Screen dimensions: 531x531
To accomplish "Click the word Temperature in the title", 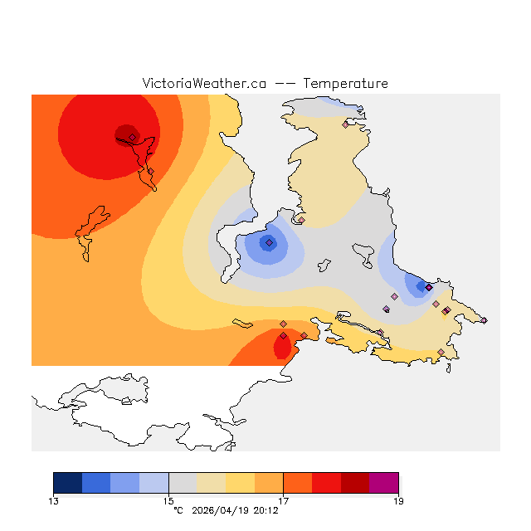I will pos(345,84).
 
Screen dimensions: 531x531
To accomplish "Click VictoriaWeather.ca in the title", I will pos(204,84).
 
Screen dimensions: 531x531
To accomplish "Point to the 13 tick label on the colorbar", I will pos(54,501).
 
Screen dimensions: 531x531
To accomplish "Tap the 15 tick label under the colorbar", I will pos(168,501).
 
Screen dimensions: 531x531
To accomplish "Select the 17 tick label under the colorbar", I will pos(284,501).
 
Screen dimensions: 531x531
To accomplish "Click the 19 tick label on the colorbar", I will pos(398,501).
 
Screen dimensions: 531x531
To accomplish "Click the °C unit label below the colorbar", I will pos(178,510).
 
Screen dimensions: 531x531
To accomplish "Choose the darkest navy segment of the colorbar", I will pos(68,483).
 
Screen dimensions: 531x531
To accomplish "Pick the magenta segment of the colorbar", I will pos(384,483).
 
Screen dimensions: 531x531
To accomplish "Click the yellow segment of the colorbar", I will pos(241,483).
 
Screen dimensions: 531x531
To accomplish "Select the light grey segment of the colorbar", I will pos(183,483).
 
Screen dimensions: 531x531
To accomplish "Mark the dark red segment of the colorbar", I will pos(355,483).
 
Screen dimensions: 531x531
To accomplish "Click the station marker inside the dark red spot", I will pos(132,138).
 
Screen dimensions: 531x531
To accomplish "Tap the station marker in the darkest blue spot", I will pos(269,242).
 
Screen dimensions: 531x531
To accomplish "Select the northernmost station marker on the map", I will pos(345,124).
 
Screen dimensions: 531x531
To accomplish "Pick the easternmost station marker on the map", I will pos(484,320).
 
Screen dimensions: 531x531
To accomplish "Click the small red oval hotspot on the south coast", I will pos(282,346).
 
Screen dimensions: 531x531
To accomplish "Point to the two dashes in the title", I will pos(285,84).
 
